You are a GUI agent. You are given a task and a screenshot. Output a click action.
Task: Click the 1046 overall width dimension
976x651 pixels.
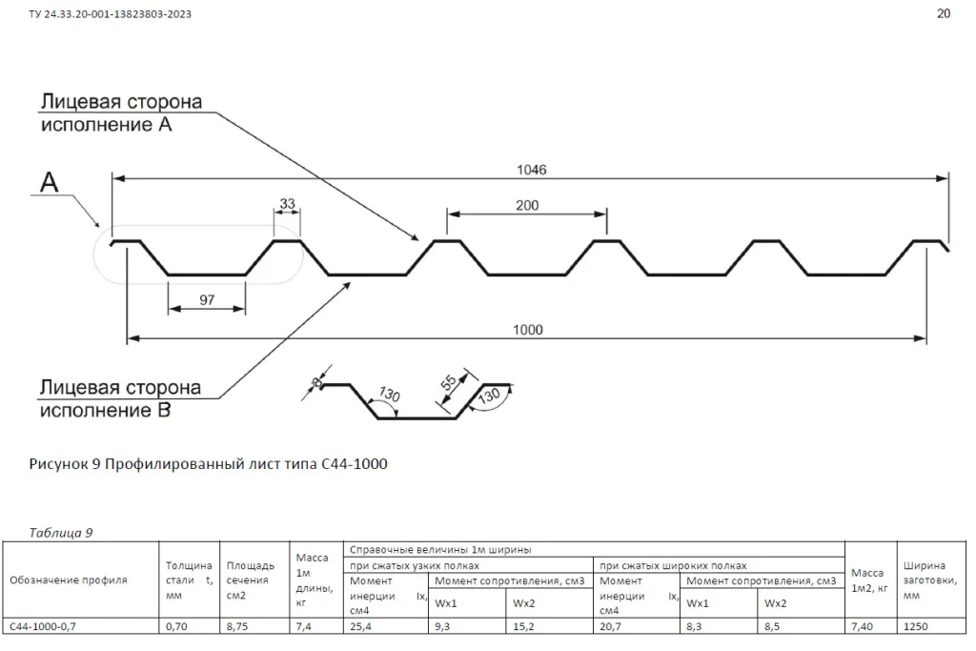click(x=531, y=170)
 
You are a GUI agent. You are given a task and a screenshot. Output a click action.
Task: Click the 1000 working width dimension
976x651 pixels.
click(x=527, y=330)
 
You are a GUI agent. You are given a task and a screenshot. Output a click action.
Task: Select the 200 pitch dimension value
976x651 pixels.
click(x=527, y=205)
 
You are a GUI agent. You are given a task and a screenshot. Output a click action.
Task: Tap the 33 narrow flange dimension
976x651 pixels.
click(x=287, y=203)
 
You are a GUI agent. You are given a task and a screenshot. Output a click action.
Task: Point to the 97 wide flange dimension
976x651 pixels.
click(x=207, y=300)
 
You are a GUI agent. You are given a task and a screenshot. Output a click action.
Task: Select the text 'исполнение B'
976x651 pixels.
click(x=105, y=411)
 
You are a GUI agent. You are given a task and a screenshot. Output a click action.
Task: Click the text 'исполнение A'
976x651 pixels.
click(x=106, y=124)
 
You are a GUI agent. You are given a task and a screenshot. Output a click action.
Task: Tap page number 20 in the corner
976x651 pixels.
click(x=944, y=13)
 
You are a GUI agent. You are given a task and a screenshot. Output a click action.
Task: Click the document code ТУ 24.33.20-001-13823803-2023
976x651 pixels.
click(x=111, y=14)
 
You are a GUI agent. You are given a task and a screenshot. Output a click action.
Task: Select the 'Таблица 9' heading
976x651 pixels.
click(x=61, y=533)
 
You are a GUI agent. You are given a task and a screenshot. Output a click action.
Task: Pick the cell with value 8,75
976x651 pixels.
click(x=237, y=626)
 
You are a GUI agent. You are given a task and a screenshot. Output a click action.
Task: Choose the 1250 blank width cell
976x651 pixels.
click(x=916, y=626)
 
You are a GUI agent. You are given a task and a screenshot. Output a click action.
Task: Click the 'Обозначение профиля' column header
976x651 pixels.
click(x=68, y=580)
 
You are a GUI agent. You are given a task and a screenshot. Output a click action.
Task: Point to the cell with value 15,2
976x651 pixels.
click(x=523, y=626)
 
